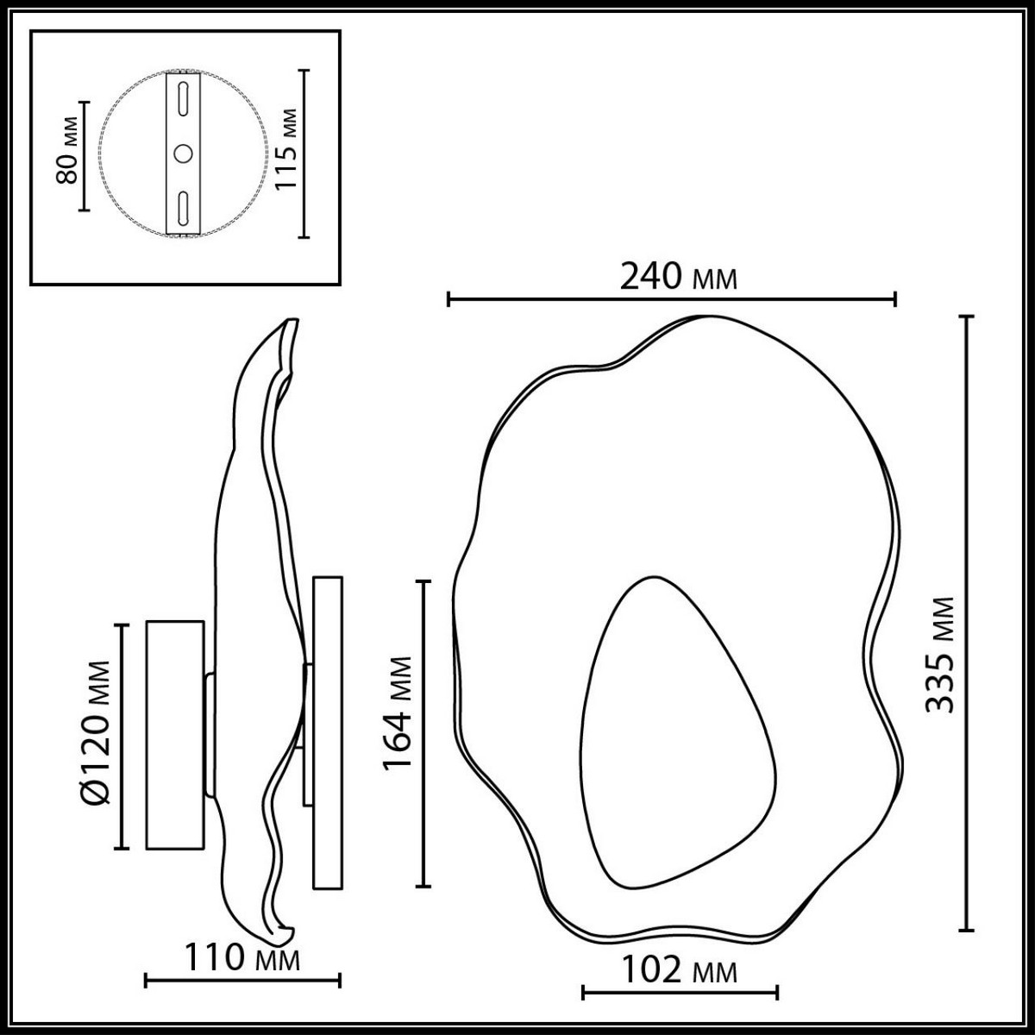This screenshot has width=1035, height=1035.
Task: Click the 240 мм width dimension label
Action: [679, 277]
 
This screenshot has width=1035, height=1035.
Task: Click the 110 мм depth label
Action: [242, 958]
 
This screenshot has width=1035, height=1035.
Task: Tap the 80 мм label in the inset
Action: [67, 155]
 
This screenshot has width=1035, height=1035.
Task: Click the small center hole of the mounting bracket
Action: [184, 154]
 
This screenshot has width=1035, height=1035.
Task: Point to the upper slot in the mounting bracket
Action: [184, 97]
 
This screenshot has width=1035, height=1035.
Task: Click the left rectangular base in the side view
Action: [175, 734]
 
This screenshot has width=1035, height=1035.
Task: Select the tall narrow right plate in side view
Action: [327, 732]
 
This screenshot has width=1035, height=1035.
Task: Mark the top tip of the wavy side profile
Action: [294, 323]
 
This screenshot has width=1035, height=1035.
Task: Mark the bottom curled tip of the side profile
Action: [286, 934]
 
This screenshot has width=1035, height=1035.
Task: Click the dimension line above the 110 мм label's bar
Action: [242, 980]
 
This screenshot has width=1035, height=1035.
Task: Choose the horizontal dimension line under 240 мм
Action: [672, 299]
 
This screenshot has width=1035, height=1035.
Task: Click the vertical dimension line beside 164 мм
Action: [423, 733]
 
